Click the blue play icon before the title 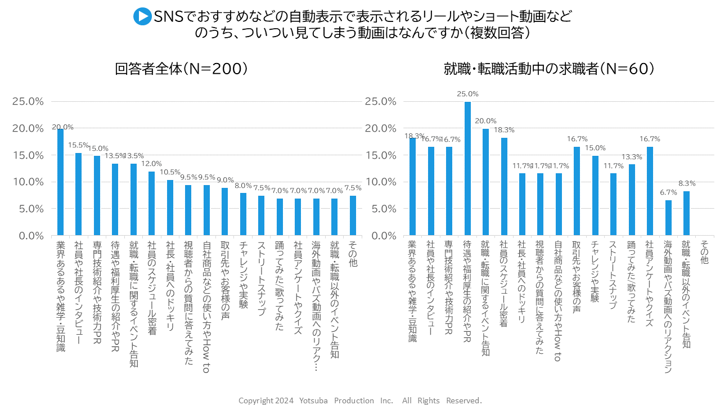(142, 16)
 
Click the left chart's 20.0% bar (60, 182)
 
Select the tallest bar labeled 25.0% (467, 168)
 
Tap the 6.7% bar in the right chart (668, 218)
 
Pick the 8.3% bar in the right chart (686, 213)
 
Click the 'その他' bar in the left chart (353, 215)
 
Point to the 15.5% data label (79, 145)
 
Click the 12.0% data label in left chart (151, 164)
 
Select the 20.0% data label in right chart (485, 121)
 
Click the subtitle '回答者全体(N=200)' (181, 69)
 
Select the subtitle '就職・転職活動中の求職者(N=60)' (548, 69)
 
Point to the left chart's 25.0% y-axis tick (28, 101)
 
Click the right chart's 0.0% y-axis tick (381, 236)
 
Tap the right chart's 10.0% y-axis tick (379, 182)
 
